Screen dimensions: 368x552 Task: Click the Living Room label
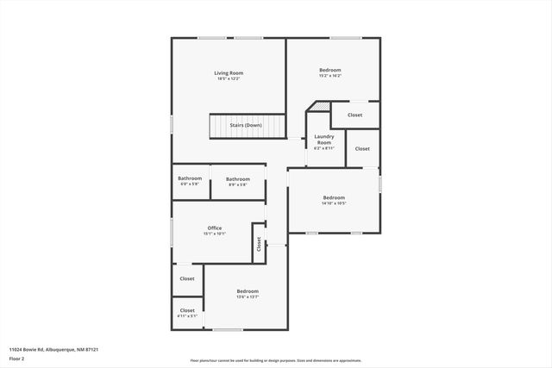point(229,73)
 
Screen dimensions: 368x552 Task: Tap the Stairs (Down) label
point(246,125)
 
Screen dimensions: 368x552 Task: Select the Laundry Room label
point(324,140)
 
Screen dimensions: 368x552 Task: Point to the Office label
point(214,228)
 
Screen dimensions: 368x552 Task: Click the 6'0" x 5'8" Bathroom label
point(190,178)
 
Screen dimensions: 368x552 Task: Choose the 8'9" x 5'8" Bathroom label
point(238,178)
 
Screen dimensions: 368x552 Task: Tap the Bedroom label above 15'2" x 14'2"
point(330,70)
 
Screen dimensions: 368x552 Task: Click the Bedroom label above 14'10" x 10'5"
point(334,197)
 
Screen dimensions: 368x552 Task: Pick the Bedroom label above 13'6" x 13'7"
point(248,291)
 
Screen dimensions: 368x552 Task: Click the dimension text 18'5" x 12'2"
point(229,79)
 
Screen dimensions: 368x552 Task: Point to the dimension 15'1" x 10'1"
point(214,234)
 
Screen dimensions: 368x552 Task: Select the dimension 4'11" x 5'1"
point(187,316)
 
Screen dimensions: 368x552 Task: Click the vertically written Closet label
point(258,244)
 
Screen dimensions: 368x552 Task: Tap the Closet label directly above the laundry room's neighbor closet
point(355,115)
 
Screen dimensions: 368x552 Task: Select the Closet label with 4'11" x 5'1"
point(187,310)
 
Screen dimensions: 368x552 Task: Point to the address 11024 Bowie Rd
point(53,349)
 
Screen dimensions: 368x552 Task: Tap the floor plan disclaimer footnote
point(276,360)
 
